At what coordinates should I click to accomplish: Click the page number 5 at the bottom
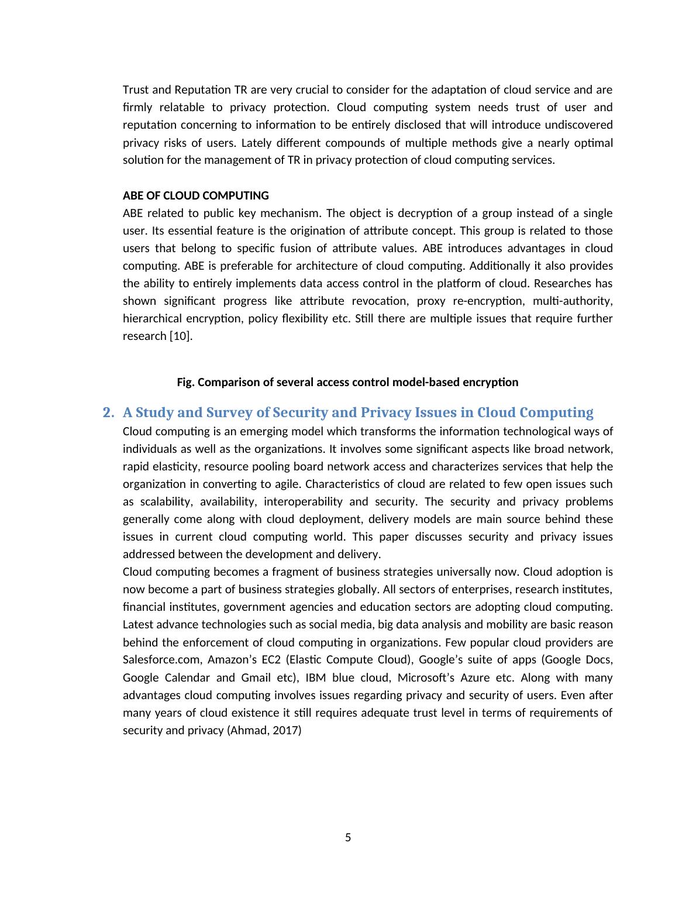[x=348, y=837]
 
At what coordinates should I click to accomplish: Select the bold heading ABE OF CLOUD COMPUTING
[x=195, y=195]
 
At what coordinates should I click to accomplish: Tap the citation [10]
[x=181, y=336]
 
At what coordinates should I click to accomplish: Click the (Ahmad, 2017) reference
[x=264, y=730]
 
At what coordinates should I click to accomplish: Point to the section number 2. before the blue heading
[x=108, y=412]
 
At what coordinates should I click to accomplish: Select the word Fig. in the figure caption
[x=185, y=382]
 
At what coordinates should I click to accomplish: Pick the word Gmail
[x=256, y=678]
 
